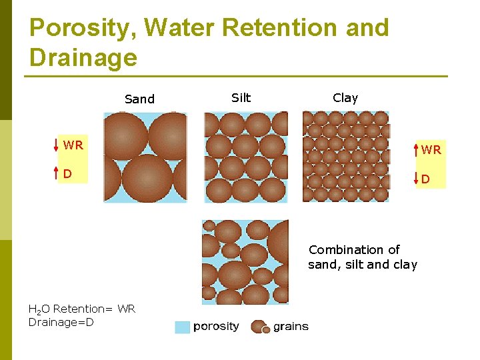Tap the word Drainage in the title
(x=83, y=57)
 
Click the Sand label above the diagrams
(x=139, y=99)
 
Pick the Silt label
(x=241, y=98)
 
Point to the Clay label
(x=345, y=98)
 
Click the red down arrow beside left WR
(x=56, y=145)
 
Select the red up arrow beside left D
(x=56, y=174)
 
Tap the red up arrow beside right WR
(x=417, y=149)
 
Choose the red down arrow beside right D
(x=417, y=178)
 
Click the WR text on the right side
(x=431, y=150)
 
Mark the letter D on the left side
(x=67, y=174)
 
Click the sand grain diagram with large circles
(x=145, y=157)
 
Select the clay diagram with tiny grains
(x=345, y=156)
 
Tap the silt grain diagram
(x=245, y=157)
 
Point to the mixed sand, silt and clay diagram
(x=245, y=262)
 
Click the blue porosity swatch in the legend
(x=182, y=327)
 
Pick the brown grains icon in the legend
(x=260, y=327)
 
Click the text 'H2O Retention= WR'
(x=82, y=309)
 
